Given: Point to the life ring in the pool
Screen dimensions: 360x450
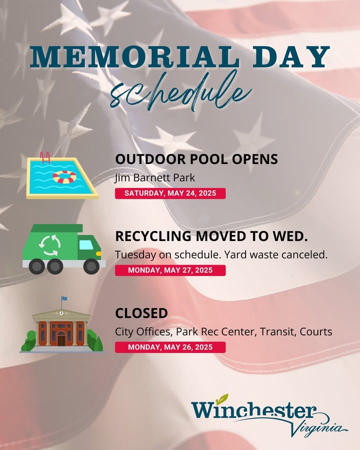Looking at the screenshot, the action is tap(64, 177).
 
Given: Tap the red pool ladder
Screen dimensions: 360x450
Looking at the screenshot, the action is tap(45, 157).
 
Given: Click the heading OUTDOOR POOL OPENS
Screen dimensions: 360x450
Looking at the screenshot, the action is tap(196, 159).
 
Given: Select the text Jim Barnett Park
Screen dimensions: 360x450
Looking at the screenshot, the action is tap(155, 178).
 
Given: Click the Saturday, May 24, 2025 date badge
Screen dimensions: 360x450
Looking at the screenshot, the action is tap(170, 193).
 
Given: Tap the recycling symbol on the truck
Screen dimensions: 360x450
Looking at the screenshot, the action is tap(49, 245).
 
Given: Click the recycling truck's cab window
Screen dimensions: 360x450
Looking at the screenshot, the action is tap(86, 245).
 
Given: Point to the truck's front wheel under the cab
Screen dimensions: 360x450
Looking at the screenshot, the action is tap(91, 266).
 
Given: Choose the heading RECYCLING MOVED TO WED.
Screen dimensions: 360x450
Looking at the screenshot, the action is tap(211, 236).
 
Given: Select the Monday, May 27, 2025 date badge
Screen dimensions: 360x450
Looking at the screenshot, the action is tap(170, 270).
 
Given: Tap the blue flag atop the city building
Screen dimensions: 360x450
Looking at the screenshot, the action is tap(64, 298).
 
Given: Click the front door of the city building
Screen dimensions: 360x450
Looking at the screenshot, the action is tap(61, 339).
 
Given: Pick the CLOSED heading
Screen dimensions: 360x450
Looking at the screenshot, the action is tap(141, 313).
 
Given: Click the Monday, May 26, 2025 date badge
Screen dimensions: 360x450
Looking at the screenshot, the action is tap(170, 347).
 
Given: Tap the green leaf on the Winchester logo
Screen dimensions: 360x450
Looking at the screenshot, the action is tap(222, 398).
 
